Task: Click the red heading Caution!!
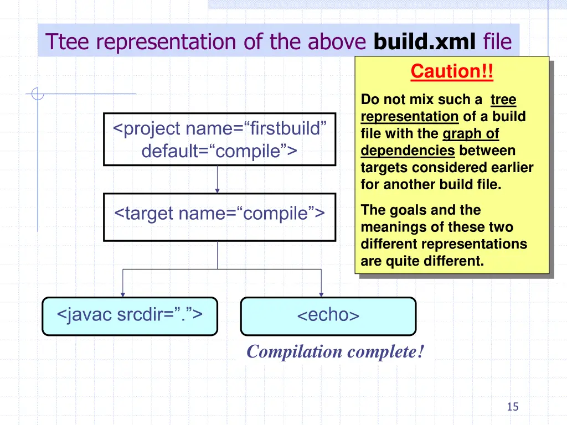(451, 71)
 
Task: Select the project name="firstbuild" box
(219, 139)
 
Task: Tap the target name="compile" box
(219, 216)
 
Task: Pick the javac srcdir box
(130, 316)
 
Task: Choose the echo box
(328, 316)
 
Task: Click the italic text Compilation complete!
(336, 351)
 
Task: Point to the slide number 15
(513, 407)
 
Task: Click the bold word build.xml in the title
(425, 41)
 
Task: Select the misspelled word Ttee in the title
(66, 41)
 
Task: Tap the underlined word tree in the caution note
(503, 100)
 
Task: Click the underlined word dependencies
(408, 151)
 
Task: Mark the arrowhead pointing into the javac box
(123, 294)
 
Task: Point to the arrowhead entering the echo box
(321, 294)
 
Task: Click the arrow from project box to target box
(217, 179)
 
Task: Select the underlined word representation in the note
(409, 117)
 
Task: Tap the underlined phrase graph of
(471, 134)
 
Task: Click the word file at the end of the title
(497, 41)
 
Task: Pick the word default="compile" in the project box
(219, 151)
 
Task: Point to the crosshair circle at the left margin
(38, 94)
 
